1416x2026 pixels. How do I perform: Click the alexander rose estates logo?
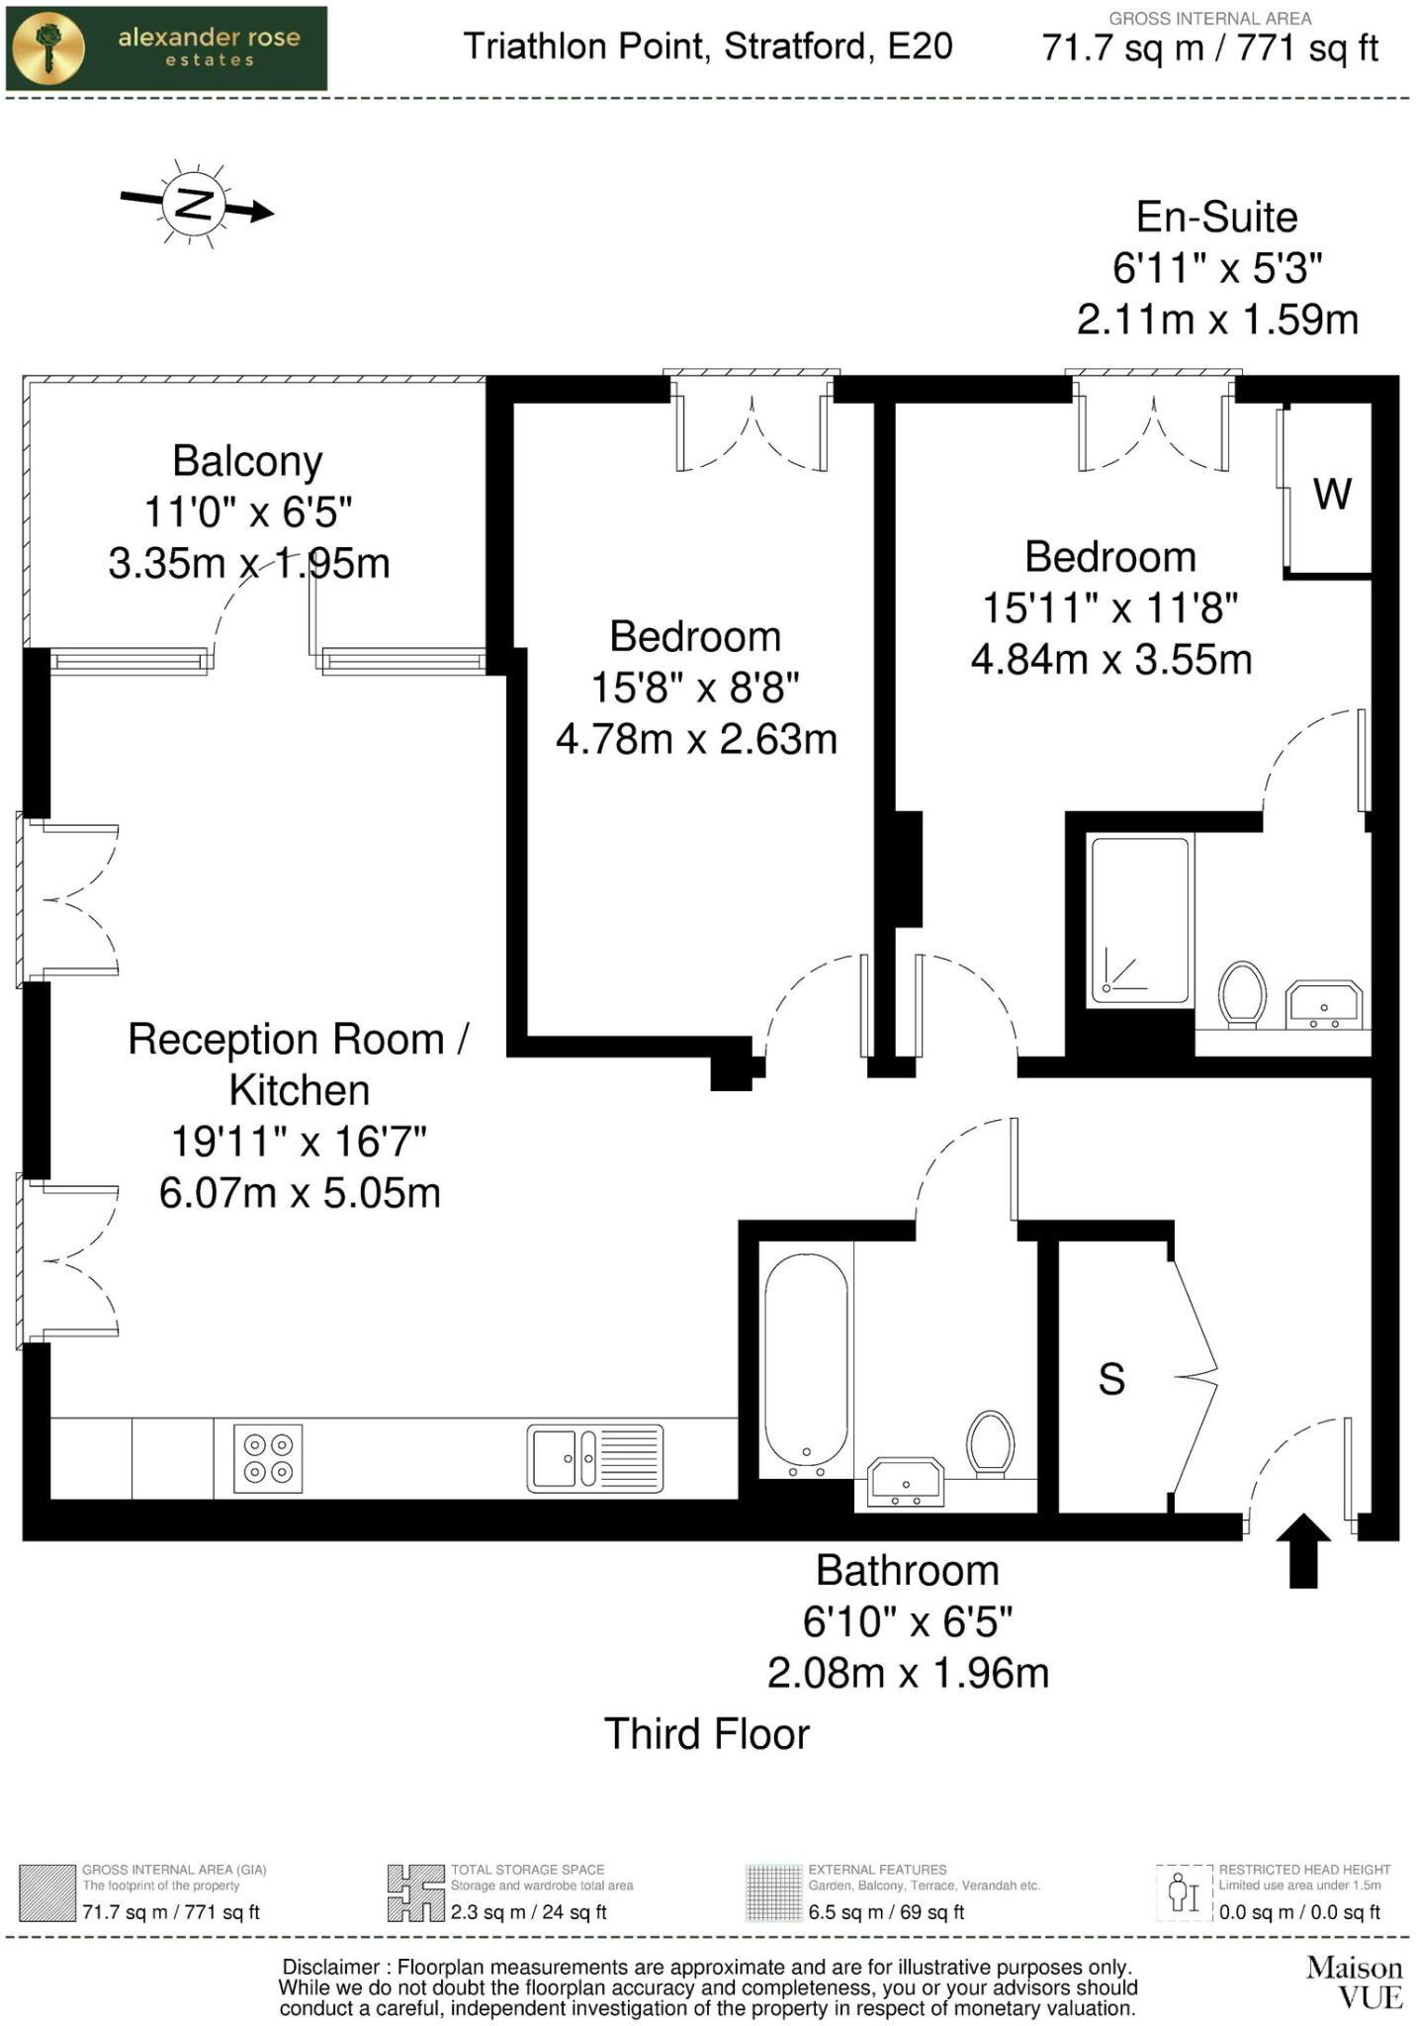pos(166,48)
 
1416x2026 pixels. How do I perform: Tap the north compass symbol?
pos(195,205)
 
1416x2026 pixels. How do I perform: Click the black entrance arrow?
pos(1302,1550)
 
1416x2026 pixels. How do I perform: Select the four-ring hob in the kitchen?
pos(268,1458)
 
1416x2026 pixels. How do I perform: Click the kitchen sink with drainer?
pos(594,1458)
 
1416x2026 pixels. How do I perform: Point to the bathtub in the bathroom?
pos(806,1365)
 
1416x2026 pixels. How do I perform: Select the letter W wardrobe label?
pos(1331,493)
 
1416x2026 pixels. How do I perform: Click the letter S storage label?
pos(1111,1379)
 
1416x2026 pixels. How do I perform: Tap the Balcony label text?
pos(247,461)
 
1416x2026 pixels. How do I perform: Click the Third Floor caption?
pos(706,1734)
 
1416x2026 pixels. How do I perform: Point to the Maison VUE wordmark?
pos(1354,1982)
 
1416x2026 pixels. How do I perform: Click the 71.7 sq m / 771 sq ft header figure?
pos(1209,48)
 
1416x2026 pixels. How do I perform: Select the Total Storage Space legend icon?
pos(415,1892)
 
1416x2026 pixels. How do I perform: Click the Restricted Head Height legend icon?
pos(1184,1892)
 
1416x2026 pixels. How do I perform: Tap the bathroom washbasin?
pos(905,1482)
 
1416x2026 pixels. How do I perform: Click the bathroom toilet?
pos(990,1443)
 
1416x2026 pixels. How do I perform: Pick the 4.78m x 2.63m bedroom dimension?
pos(696,739)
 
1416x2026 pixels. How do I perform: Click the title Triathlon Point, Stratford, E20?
pos(708,46)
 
